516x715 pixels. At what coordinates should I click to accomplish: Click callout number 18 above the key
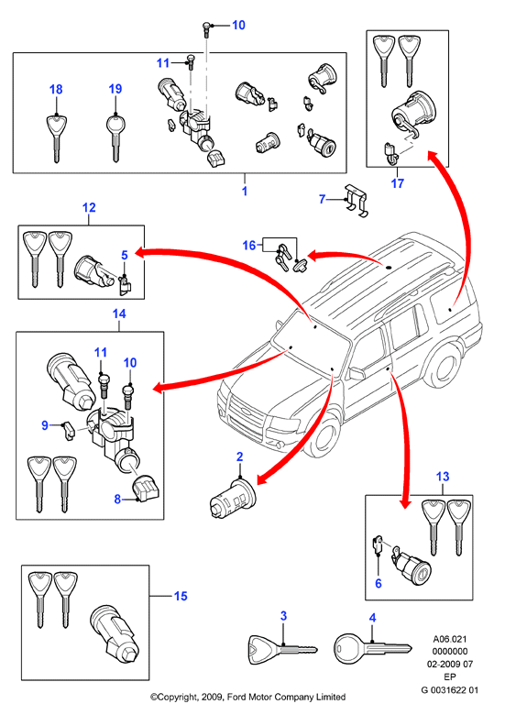coord(56,90)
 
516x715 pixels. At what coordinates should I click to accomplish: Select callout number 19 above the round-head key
coord(115,89)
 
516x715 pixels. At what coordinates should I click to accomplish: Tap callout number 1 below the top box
coord(245,191)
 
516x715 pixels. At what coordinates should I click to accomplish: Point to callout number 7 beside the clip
coord(323,199)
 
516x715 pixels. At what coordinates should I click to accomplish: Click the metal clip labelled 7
coord(356,200)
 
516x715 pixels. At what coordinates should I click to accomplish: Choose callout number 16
coord(249,246)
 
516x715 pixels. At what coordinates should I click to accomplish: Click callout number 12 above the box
coord(89,207)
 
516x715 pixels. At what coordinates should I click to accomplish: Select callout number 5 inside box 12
coord(125,256)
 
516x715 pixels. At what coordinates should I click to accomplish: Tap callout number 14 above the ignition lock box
coord(119,313)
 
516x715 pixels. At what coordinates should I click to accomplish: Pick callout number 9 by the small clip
coord(45,425)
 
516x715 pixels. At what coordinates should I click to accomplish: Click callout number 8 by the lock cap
coord(117,500)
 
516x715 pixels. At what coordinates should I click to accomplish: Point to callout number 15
coord(181,596)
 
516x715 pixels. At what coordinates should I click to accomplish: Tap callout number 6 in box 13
coord(379,583)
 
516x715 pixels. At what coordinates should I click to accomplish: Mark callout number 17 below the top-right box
coord(398,183)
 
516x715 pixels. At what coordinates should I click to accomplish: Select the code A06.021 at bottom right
coord(449,639)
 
